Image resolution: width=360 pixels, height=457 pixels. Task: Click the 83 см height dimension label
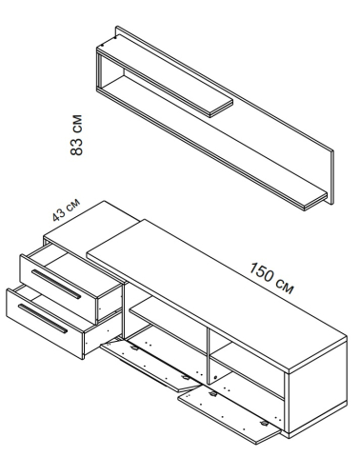click(x=76, y=135)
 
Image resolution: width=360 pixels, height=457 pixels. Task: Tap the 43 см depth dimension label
click(x=67, y=209)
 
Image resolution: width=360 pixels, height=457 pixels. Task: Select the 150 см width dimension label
click(x=270, y=278)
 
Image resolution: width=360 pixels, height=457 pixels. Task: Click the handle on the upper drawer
click(x=56, y=284)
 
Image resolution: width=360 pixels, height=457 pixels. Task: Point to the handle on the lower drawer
click(x=43, y=318)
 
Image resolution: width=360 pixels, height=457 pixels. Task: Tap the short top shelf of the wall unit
click(x=165, y=78)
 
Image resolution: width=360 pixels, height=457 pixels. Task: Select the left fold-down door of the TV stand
click(x=150, y=365)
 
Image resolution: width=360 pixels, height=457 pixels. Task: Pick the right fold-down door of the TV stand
click(x=230, y=416)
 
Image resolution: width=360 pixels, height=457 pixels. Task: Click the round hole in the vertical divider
click(x=215, y=378)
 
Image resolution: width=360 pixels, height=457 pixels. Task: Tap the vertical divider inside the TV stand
click(x=208, y=356)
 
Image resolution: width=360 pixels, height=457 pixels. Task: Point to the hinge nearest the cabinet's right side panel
click(x=264, y=424)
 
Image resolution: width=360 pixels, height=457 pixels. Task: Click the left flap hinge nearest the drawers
click(x=134, y=348)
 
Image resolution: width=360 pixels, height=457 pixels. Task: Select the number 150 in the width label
click(x=261, y=272)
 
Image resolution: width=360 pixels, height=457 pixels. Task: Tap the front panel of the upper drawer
click(x=58, y=288)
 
